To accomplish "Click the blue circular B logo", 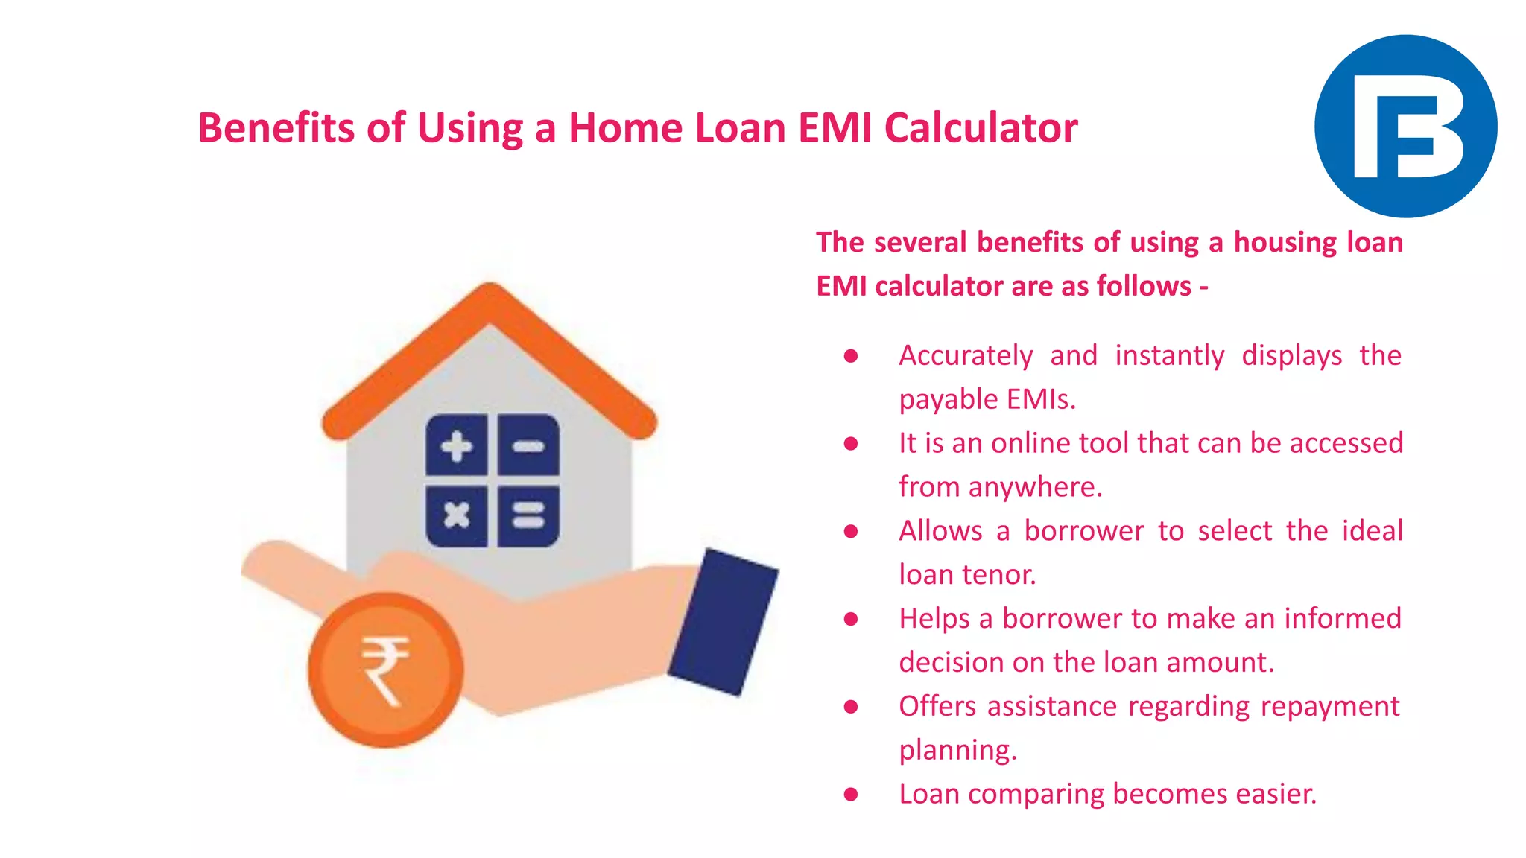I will [x=1405, y=126].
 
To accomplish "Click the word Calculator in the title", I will [x=981, y=127].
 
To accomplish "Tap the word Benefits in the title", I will [x=276, y=127].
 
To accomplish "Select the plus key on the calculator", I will [x=457, y=446].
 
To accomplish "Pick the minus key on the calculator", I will [x=528, y=446].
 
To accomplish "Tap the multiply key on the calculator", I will [x=457, y=515].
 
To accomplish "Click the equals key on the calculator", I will [x=528, y=515].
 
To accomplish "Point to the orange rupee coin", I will [x=385, y=670].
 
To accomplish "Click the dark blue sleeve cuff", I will [x=723, y=622].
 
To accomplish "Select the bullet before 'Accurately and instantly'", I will [x=851, y=356].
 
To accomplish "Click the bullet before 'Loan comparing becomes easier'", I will [x=851, y=795].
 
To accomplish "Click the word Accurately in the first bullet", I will [x=966, y=355].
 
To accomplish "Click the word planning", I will [x=957, y=750].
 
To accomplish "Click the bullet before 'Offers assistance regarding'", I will [x=851, y=707].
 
